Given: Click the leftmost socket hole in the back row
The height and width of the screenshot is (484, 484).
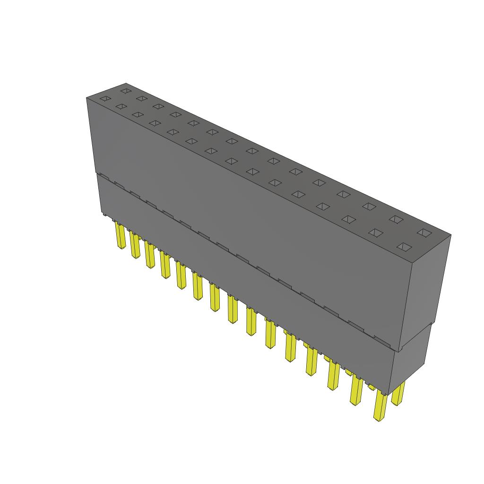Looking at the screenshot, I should point(125,90).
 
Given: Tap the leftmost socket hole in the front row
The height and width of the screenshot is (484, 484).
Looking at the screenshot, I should point(104,99).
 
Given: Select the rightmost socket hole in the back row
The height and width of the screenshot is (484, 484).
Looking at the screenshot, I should point(424,233).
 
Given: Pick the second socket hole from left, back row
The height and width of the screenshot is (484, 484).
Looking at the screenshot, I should point(140,98).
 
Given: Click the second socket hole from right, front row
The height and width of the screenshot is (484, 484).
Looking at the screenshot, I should point(376,232).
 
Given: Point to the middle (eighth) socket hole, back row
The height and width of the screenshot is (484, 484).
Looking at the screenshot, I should point(251,151).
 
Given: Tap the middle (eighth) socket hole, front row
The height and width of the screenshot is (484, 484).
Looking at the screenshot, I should point(231,161).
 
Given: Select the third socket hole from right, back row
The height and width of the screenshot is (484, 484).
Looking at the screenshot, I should point(369,206).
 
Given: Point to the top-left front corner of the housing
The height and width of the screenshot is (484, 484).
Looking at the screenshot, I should point(87,98).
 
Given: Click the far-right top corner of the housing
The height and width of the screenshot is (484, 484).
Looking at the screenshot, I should point(450,235).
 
